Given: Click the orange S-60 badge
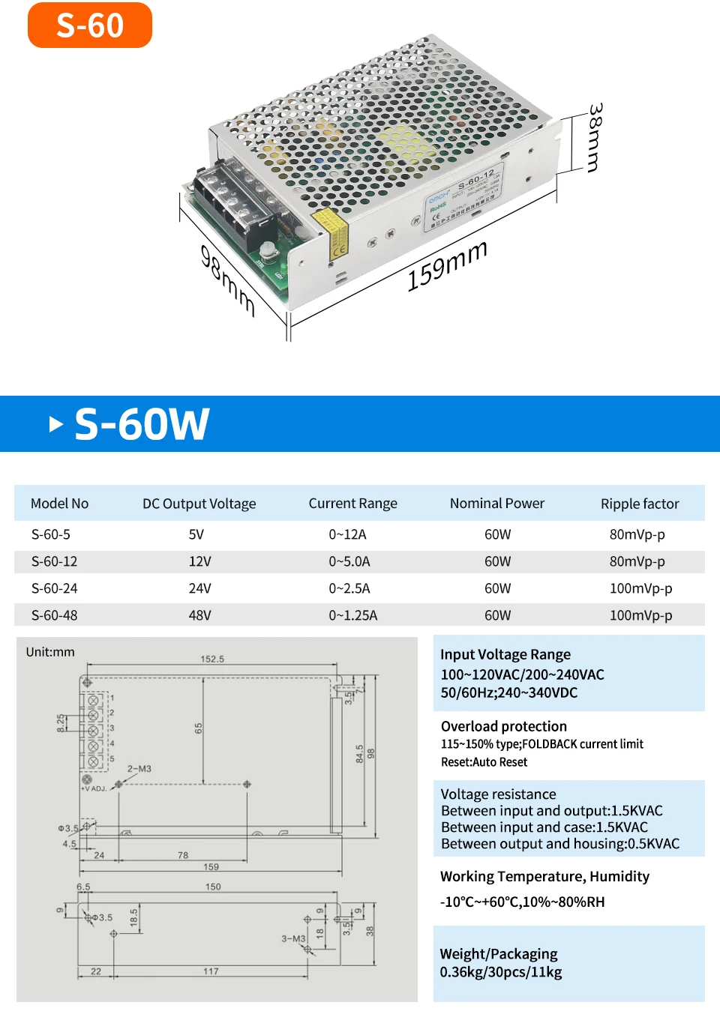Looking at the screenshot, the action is click(x=90, y=25).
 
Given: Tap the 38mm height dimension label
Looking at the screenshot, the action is click(x=595, y=138).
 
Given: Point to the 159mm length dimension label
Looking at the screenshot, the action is click(x=447, y=266).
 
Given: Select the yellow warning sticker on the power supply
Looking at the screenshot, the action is click(x=331, y=233).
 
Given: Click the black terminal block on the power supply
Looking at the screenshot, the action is click(x=235, y=199).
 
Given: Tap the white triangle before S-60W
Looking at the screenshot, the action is click(x=55, y=424).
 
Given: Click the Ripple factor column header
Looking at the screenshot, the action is click(x=640, y=504).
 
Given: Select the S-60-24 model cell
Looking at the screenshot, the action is click(x=55, y=588).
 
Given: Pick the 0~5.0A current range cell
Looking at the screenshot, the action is click(x=349, y=561).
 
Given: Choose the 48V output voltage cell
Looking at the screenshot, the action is click(x=199, y=615).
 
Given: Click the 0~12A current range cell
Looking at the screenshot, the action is click(x=347, y=534).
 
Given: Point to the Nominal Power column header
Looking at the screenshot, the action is click(x=497, y=504).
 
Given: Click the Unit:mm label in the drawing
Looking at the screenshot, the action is click(x=50, y=652).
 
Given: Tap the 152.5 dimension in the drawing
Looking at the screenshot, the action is click(x=212, y=659).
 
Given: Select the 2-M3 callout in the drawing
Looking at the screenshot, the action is click(x=139, y=769).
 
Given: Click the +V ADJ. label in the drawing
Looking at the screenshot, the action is click(x=94, y=788).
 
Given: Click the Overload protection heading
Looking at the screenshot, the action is click(x=504, y=726).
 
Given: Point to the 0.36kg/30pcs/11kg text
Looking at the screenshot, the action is click(x=501, y=972).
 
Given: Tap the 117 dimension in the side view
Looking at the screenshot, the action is click(x=211, y=971).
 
